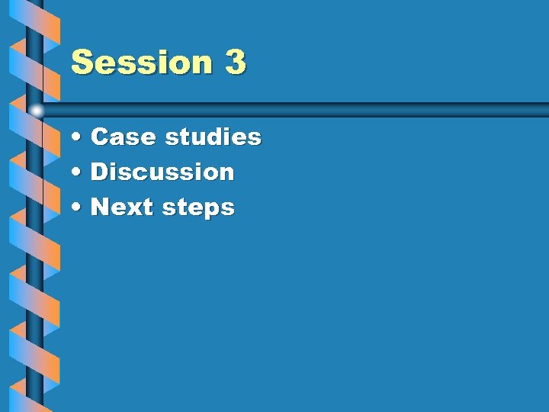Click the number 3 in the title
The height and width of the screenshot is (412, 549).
(236, 62)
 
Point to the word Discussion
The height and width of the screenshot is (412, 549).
(162, 172)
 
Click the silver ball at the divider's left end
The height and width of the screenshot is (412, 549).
(37, 111)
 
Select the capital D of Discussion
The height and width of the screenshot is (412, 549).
(99, 172)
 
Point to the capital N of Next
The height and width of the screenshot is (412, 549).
(100, 208)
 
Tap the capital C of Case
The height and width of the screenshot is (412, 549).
(99, 137)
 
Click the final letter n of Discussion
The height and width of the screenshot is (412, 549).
(226, 173)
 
